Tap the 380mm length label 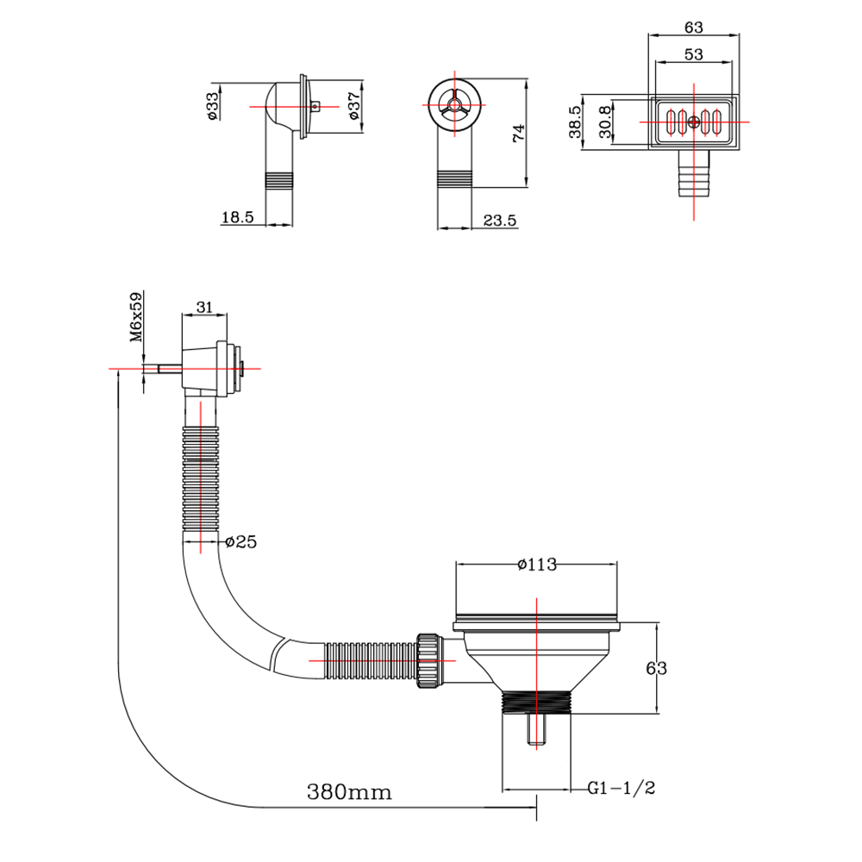coord(349,791)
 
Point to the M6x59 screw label coord(136,318)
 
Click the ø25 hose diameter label coord(241,542)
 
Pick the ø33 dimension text coord(212,105)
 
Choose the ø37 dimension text coord(353,105)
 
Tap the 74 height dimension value coord(517,134)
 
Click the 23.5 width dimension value coord(499,221)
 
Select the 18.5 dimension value coord(237,218)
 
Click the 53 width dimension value coord(694,53)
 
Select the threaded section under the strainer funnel coord(537,701)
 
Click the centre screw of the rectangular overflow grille coord(695,122)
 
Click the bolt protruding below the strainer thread coord(536,731)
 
